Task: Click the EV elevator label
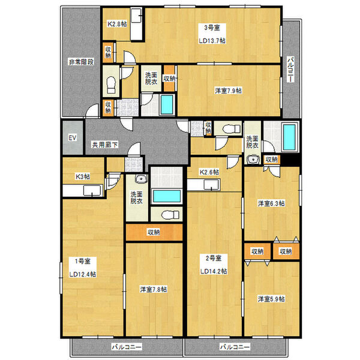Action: pos(73,138)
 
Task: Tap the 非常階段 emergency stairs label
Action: pos(81,62)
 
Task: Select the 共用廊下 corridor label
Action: pos(105,145)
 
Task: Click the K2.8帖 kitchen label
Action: pos(117,24)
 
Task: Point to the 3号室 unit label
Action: pos(212,28)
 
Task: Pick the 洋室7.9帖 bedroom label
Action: pos(228,91)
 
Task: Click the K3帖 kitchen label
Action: pos(83,176)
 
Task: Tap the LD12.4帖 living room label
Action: pos(83,274)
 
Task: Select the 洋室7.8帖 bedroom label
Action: pos(154,289)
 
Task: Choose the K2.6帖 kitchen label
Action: pos(209,172)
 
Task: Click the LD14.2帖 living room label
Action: pos(214,271)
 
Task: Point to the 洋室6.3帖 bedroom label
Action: pos(271,203)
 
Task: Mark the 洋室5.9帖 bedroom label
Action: pos(271,299)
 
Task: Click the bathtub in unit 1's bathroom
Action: pos(167,196)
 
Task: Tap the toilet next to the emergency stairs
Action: pos(111,85)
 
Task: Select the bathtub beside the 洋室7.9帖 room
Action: pos(167,104)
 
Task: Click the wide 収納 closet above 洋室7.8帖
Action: pos(154,232)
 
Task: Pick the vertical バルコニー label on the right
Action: pos(290,70)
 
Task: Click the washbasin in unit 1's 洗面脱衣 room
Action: pos(141,179)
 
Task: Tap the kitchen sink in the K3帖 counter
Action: pos(92,191)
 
